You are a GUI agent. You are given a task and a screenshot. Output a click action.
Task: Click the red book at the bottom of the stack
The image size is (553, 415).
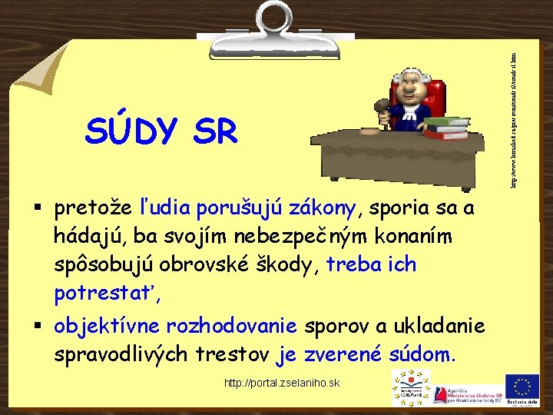pyautogui.click(x=446, y=135)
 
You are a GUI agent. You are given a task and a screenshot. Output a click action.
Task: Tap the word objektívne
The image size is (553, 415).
pyautogui.click(x=98, y=327)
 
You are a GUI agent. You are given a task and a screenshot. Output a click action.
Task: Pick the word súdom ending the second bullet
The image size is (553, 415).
pyautogui.click(x=422, y=355)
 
